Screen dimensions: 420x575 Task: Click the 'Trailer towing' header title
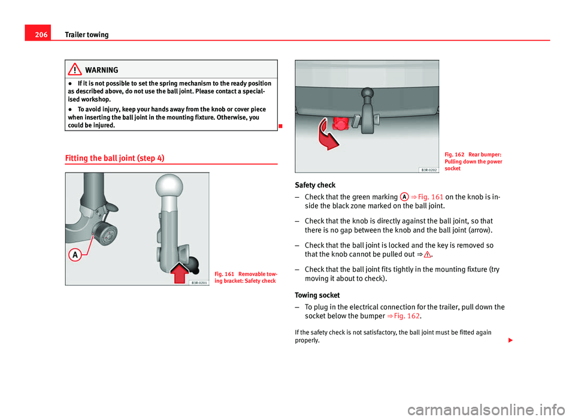[x=86, y=35]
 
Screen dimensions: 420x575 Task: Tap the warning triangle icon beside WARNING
[x=75, y=70]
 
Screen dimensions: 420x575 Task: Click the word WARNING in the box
[x=102, y=70]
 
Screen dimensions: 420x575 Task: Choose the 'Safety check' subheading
[x=319, y=185]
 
